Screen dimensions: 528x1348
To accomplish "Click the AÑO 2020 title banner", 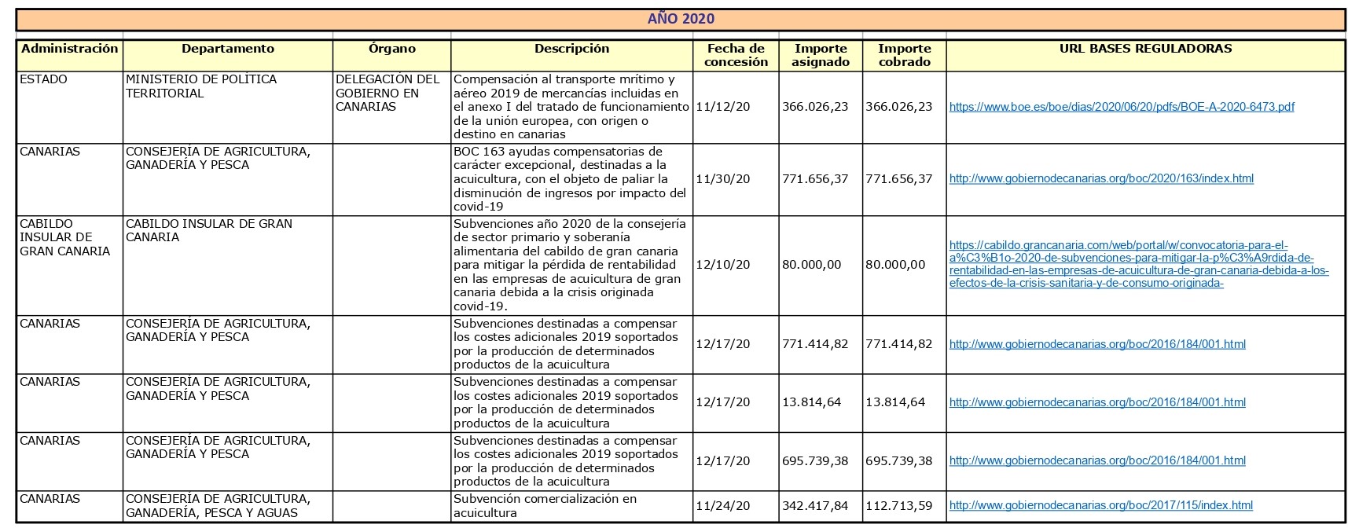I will click(x=681, y=19).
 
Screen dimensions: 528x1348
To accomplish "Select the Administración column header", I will click(x=69, y=49).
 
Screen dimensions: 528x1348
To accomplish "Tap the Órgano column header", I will click(x=391, y=49).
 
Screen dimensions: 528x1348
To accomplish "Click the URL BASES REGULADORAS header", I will click(x=1145, y=49).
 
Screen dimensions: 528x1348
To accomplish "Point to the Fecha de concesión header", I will click(x=736, y=55).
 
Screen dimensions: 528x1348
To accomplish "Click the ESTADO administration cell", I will click(x=43, y=79).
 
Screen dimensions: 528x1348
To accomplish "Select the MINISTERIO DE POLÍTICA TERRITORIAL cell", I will click(x=201, y=86).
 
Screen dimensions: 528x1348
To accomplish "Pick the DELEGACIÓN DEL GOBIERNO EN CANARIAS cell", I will click(x=387, y=93).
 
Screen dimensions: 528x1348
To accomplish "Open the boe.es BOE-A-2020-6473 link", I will click(x=1121, y=107).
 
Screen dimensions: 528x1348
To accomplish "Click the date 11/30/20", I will click(x=722, y=179).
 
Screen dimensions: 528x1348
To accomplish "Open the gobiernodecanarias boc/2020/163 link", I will click(x=1100, y=179).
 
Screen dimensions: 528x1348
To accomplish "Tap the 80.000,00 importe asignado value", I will click(x=811, y=265).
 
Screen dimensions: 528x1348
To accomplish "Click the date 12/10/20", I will click(x=722, y=265).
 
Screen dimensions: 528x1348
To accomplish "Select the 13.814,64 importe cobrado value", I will click(x=894, y=402).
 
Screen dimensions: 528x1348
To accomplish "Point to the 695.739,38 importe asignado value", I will click(x=815, y=461).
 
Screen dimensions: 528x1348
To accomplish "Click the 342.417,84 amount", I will click(x=815, y=506).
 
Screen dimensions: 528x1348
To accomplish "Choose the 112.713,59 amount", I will click(x=898, y=506).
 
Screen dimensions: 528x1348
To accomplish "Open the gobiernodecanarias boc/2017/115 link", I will click(x=1100, y=506).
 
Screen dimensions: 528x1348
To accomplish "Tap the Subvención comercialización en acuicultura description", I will click(x=545, y=505).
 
